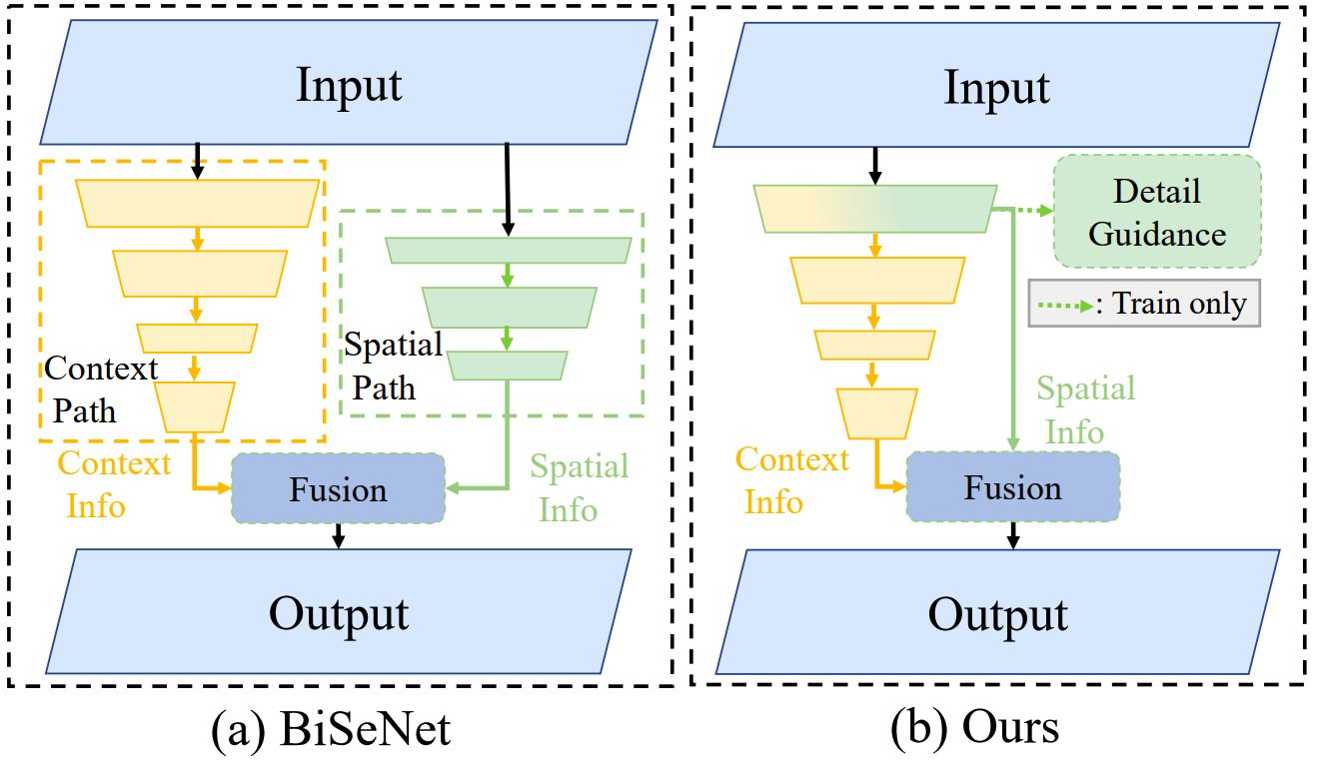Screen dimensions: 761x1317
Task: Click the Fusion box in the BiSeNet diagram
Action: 338,489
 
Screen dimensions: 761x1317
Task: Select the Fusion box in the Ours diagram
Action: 1012,487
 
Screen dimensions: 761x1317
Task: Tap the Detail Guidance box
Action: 1157,211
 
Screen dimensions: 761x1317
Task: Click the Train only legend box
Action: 1144,303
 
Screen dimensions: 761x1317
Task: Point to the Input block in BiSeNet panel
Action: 348,84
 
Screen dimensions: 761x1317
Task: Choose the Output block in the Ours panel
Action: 997,611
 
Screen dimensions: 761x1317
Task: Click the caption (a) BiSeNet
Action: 331,730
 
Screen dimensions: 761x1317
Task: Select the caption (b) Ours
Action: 974,728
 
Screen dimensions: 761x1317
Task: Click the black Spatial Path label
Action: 393,366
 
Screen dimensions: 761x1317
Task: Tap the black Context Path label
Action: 100,388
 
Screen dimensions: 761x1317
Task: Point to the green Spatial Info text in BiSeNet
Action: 579,487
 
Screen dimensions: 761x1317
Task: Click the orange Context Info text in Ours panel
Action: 792,479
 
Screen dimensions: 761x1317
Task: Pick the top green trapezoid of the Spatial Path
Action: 508,250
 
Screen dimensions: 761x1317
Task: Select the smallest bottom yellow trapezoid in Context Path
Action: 196,406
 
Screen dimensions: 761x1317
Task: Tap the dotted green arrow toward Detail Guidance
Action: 1024,210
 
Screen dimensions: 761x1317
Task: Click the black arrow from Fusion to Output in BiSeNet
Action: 339,535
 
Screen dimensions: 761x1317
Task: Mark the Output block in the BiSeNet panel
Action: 339,611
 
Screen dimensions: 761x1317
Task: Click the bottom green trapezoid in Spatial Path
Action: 508,366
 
